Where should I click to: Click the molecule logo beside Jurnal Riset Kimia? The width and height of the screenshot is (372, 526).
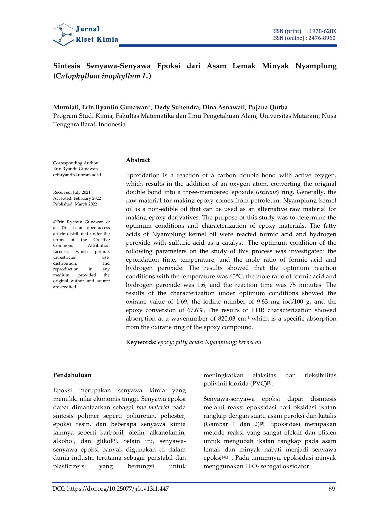(63, 34)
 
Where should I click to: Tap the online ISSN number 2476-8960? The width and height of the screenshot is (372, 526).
(322, 38)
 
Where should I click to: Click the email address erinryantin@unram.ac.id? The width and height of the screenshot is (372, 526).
(77, 175)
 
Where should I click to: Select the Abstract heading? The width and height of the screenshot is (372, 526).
(138, 160)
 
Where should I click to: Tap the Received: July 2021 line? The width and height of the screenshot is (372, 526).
(72, 192)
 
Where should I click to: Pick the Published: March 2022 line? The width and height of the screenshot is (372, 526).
(75, 204)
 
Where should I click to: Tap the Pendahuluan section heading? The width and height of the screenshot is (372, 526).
(72, 375)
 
